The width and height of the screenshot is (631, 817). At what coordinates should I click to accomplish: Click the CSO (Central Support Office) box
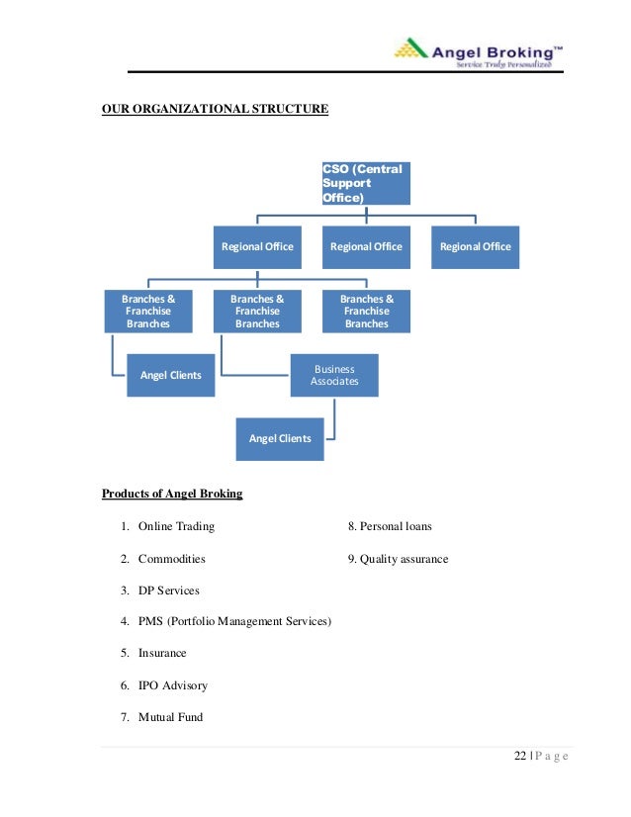(365, 183)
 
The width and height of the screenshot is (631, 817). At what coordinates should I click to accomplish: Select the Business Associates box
(334, 375)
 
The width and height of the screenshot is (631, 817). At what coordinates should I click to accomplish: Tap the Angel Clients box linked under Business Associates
(280, 438)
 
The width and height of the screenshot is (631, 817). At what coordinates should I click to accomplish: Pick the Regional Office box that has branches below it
(257, 246)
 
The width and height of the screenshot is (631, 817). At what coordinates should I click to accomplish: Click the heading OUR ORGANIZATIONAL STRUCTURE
(215, 109)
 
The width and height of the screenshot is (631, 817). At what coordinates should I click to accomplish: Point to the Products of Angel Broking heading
(172, 494)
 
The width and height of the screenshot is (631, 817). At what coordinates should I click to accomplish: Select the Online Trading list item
(176, 526)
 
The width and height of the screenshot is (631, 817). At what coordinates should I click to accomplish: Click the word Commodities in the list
(172, 559)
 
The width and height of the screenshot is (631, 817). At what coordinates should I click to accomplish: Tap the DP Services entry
(168, 590)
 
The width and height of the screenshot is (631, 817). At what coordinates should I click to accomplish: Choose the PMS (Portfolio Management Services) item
(234, 622)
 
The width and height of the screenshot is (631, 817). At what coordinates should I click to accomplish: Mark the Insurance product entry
(162, 654)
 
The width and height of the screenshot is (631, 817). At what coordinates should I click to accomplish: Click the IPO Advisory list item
(173, 685)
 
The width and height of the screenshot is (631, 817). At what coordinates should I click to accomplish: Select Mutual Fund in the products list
(170, 717)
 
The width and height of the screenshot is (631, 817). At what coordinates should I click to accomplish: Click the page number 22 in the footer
(520, 758)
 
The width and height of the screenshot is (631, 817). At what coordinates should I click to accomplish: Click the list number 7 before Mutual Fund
(125, 717)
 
